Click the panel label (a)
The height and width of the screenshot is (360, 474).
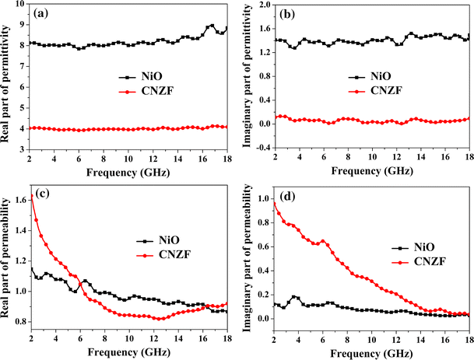(x=40, y=13)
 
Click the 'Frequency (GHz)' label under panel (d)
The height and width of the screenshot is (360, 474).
(x=371, y=351)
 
